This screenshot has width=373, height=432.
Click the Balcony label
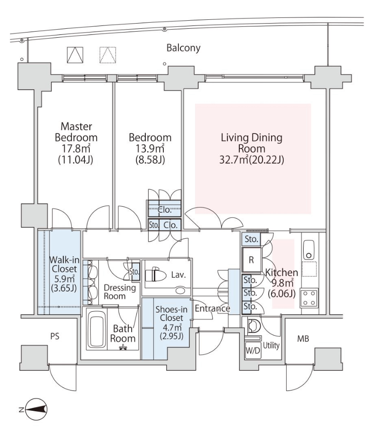[183, 48]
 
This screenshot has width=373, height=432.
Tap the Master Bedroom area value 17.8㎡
[76, 149]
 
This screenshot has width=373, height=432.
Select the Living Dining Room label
[251, 143]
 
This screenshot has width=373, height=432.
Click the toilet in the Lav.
[156, 275]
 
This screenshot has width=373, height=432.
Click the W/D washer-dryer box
[253, 350]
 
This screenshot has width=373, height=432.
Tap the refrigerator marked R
[251, 259]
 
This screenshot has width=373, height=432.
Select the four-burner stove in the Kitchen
[309, 298]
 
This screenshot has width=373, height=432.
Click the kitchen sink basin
[309, 250]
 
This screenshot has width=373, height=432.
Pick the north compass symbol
[36, 410]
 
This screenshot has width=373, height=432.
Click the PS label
[55, 336]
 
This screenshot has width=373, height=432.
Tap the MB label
[303, 339]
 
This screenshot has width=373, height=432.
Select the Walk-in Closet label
[64, 264]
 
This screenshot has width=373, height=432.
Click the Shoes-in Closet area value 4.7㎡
[171, 327]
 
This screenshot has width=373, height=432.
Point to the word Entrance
[212, 308]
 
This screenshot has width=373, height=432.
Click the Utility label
[271, 345]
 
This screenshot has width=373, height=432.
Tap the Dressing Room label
[120, 292]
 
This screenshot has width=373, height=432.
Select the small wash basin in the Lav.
[180, 291]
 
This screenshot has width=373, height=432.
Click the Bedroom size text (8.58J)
[150, 159]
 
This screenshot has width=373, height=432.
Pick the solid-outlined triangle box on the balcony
[75, 55]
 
